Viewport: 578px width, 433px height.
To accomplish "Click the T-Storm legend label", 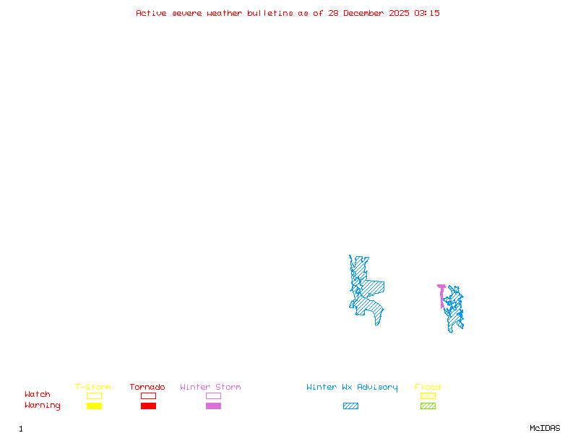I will click(x=93, y=388).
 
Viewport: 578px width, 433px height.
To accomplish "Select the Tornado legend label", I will click(x=147, y=388).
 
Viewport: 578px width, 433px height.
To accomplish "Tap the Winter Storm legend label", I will click(x=210, y=388).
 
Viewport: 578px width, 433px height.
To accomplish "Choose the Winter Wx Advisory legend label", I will click(x=352, y=388).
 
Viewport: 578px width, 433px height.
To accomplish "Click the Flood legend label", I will click(x=428, y=388).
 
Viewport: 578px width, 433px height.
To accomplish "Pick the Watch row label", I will click(x=38, y=395).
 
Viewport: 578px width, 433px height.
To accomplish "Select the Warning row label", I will click(x=43, y=406).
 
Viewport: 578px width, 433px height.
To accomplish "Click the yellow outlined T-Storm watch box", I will click(x=94, y=395).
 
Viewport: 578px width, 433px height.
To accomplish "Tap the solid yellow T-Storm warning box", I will click(x=94, y=406).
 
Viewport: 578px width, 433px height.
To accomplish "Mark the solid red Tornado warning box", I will click(x=148, y=406).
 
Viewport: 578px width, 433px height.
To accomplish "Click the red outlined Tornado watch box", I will click(x=148, y=395).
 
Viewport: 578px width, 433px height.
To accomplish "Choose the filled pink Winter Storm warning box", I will click(x=213, y=406).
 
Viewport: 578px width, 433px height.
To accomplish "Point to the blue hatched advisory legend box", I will click(x=350, y=406).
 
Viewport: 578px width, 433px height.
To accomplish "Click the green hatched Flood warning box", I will click(x=428, y=406).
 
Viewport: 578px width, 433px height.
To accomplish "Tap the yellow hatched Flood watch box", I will click(x=428, y=395).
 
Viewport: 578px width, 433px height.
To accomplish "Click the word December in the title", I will click(x=366, y=13).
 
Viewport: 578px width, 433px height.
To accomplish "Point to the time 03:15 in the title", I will click(x=427, y=13).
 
